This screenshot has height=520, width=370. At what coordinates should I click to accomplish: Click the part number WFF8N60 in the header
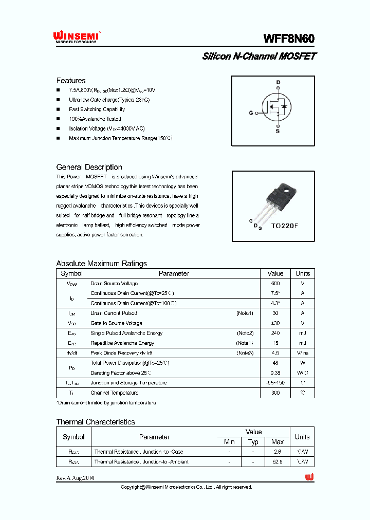[289, 39]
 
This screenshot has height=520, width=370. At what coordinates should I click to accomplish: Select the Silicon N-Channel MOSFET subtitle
[259, 56]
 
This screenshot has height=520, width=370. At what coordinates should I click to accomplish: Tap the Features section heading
[71, 81]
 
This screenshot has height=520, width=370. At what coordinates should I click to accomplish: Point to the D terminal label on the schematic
[278, 82]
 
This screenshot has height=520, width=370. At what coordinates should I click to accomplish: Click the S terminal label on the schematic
[278, 131]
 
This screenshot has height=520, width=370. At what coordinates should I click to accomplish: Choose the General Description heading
[89, 167]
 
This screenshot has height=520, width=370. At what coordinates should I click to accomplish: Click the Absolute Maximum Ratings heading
[101, 264]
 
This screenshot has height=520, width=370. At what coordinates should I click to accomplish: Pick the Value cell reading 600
[275, 284]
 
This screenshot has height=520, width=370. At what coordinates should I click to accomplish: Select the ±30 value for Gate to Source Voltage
[275, 323]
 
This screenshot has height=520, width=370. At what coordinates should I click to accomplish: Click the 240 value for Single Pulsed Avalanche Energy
[275, 333]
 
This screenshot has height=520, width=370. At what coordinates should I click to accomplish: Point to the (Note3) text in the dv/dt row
[245, 353]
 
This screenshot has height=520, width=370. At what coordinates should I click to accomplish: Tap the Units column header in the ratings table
[303, 273]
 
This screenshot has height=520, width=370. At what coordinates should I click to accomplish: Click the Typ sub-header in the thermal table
[253, 442]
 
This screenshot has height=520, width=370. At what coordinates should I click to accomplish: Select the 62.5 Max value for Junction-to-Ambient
[277, 461]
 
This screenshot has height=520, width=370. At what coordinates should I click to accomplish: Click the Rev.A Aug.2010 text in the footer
[75, 478]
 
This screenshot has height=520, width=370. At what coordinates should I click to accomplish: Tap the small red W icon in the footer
[309, 477]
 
